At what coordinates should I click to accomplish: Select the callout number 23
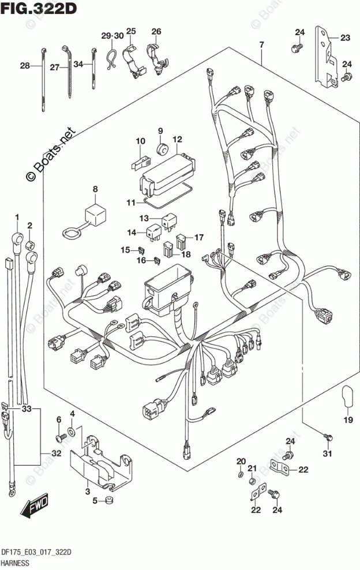tap(345, 39)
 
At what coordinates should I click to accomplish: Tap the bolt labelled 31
tap(327, 438)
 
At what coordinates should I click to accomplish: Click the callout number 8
tap(95, 189)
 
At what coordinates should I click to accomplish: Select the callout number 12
tap(177, 139)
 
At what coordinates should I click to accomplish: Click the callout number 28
tap(24, 66)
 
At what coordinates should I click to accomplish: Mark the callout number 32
tap(55, 453)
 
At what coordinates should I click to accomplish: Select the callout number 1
tap(17, 217)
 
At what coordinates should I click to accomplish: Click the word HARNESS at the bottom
tap(20, 562)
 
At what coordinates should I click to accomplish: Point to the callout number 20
tap(241, 460)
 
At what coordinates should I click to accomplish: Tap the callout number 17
tap(199, 237)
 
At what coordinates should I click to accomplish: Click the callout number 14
tap(132, 232)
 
